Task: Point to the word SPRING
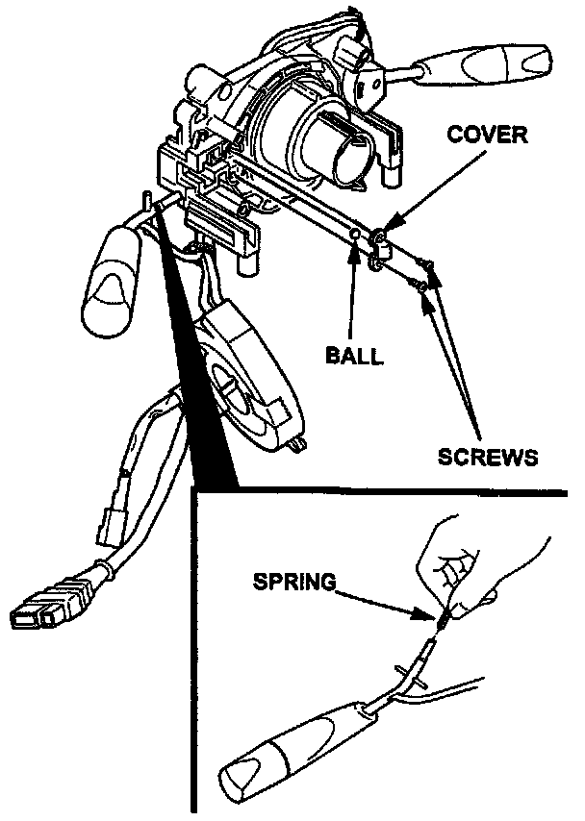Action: point(293,581)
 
